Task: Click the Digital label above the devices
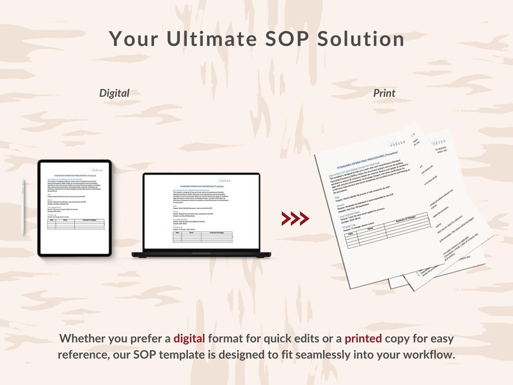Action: click(x=114, y=93)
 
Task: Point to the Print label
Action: click(x=384, y=93)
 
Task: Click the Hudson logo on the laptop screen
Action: click(x=224, y=181)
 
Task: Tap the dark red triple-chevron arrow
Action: click(x=295, y=218)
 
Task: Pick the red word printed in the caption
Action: click(x=364, y=338)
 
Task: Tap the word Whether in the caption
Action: click(x=83, y=338)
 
